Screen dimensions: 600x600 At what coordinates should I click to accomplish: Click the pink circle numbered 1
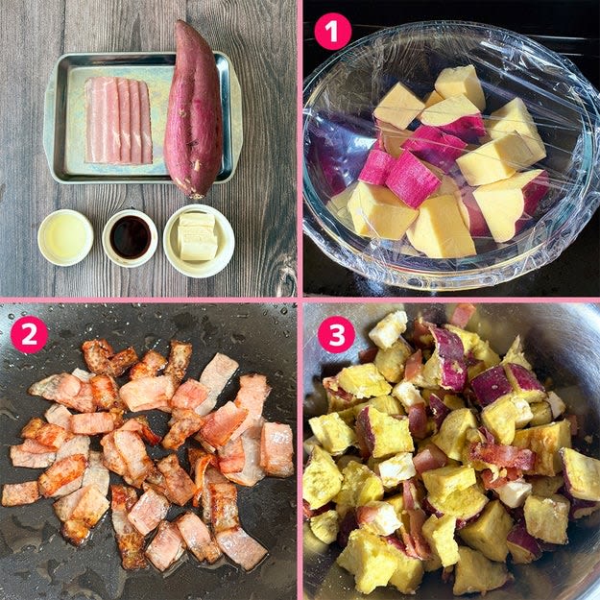pos(332,32)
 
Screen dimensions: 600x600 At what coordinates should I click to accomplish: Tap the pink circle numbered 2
pos(29,334)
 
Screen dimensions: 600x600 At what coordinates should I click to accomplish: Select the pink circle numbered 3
pos(337,334)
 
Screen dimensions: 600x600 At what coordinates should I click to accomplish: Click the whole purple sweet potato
pos(194,111)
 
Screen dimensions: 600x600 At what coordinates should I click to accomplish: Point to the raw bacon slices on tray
pos(118,120)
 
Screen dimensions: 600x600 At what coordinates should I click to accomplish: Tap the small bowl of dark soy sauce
pos(130,238)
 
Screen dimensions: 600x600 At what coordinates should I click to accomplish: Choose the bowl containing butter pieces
pos(199,241)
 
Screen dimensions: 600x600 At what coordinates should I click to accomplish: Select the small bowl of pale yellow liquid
pos(65,237)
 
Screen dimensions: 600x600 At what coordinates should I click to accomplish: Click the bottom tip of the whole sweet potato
pos(198,198)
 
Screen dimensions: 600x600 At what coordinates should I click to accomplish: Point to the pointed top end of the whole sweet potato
pos(180,22)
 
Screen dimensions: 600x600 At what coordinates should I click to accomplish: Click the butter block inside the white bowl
pos(197,236)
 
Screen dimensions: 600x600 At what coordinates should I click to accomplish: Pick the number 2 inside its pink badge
pos(29,335)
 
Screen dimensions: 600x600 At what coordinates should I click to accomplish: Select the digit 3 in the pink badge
pos(337,335)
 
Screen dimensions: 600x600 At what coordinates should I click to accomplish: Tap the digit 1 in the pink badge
pos(333,32)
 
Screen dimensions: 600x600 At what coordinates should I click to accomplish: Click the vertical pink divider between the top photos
pos(300,148)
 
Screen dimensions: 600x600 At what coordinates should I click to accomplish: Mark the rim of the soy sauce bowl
pos(130,211)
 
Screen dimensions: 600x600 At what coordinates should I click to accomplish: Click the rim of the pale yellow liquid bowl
pos(65,211)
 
